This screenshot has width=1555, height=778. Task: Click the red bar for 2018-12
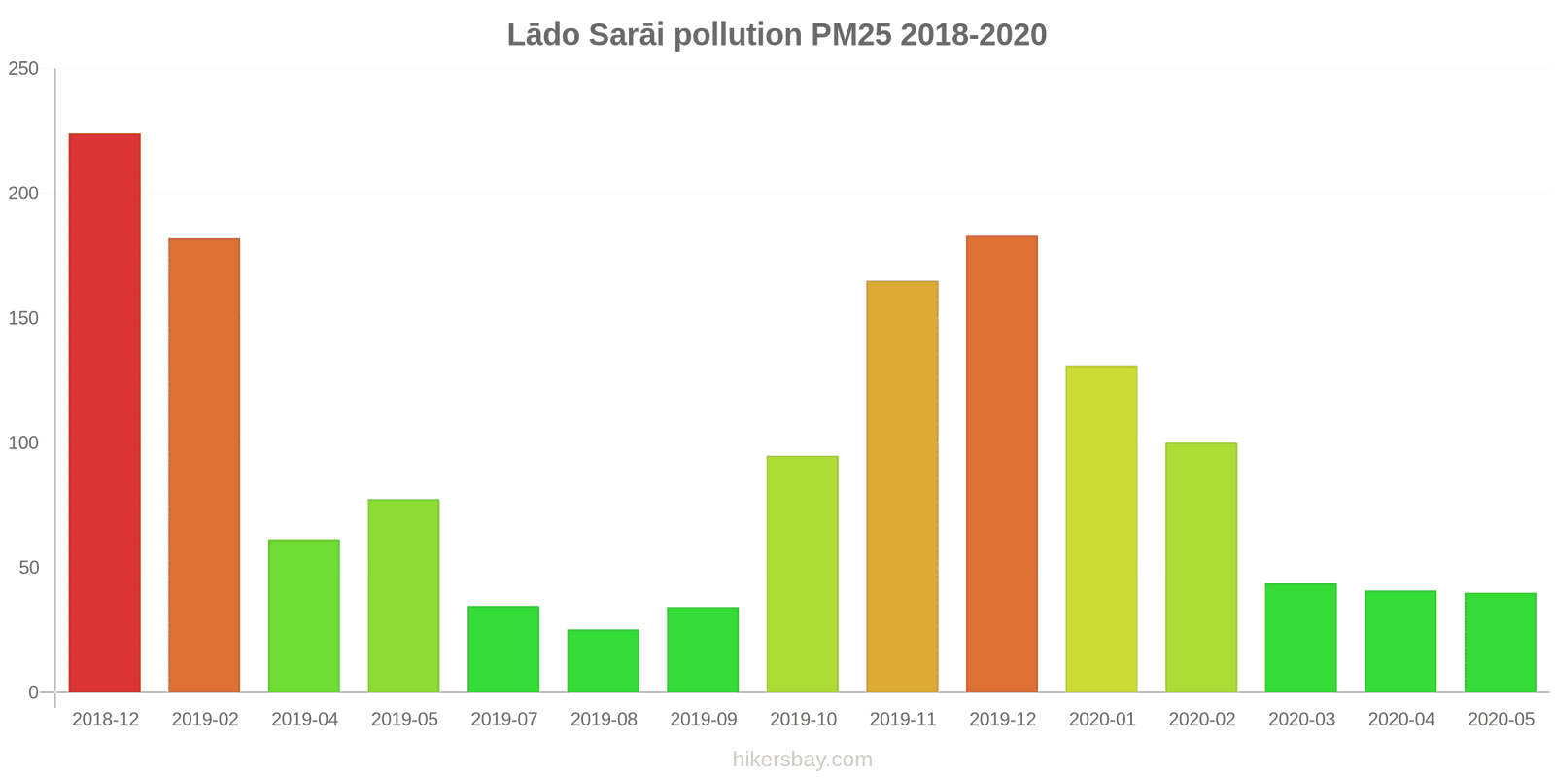105,413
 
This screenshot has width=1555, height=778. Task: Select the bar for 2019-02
204,465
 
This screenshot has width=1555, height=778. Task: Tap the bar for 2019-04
304,616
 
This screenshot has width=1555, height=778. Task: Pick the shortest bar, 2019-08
604,661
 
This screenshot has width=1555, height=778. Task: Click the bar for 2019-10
803,574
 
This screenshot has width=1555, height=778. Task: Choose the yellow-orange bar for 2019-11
902,486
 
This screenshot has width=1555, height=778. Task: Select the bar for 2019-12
1002,464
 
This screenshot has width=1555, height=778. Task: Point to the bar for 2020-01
1101,529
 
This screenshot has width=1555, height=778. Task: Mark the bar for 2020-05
1501,643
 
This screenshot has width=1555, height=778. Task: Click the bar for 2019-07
503,650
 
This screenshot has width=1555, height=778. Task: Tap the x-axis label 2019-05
404,720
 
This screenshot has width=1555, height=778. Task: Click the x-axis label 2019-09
704,720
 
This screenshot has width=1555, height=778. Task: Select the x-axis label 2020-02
1202,720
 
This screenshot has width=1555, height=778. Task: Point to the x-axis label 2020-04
1401,720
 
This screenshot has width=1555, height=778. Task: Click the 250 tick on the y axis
23,68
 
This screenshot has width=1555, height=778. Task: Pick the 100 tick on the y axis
23,442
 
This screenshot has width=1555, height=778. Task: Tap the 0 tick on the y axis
33,692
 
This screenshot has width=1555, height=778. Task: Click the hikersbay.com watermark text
803,760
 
